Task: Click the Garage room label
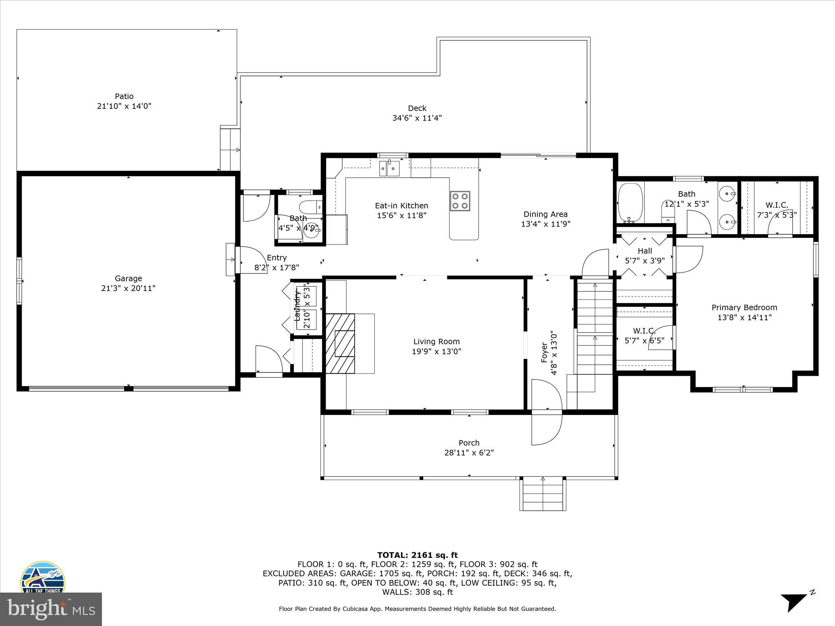coord(128,278)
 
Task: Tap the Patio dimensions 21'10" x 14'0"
coord(124,106)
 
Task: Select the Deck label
coord(417,108)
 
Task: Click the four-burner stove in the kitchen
coord(460,201)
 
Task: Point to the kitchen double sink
coord(389,168)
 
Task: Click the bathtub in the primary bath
coord(630,202)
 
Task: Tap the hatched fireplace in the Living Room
coord(340,343)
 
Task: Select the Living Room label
coord(436,342)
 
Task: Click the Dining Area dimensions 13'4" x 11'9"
coord(546,224)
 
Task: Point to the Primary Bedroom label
coord(744,307)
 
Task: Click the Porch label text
coord(469,443)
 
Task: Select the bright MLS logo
coord(51,609)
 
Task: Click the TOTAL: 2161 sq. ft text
coord(417,555)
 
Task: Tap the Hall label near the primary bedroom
coord(645,251)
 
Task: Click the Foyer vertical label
coord(544,353)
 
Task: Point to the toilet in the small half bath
coord(310,206)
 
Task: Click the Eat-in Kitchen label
coord(402,206)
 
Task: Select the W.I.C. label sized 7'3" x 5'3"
coord(777,205)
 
